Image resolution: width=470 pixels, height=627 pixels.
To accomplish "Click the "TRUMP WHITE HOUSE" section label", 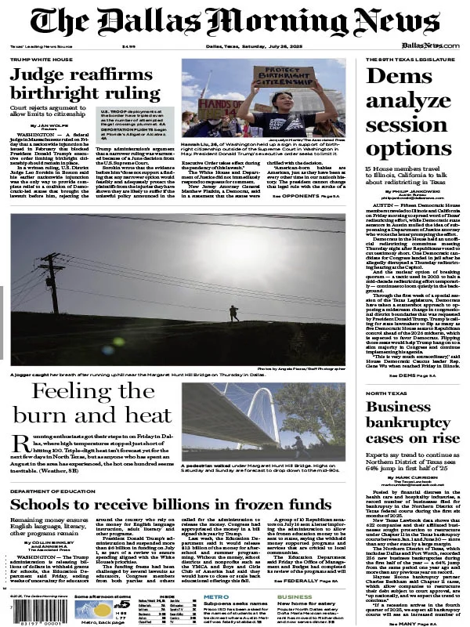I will [x=41, y=60].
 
